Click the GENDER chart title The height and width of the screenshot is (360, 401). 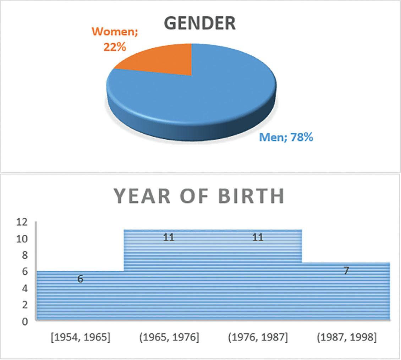pos(200,23)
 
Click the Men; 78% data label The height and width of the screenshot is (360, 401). pos(286,137)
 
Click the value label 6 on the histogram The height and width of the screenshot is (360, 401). pos(81,279)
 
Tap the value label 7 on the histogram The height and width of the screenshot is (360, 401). pos(346,271)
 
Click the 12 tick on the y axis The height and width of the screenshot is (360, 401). pos(22,222)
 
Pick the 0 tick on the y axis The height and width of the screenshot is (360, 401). pos(24,321)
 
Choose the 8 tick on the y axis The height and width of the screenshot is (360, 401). pos(24,255)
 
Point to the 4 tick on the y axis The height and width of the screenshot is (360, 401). pos(24,288)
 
